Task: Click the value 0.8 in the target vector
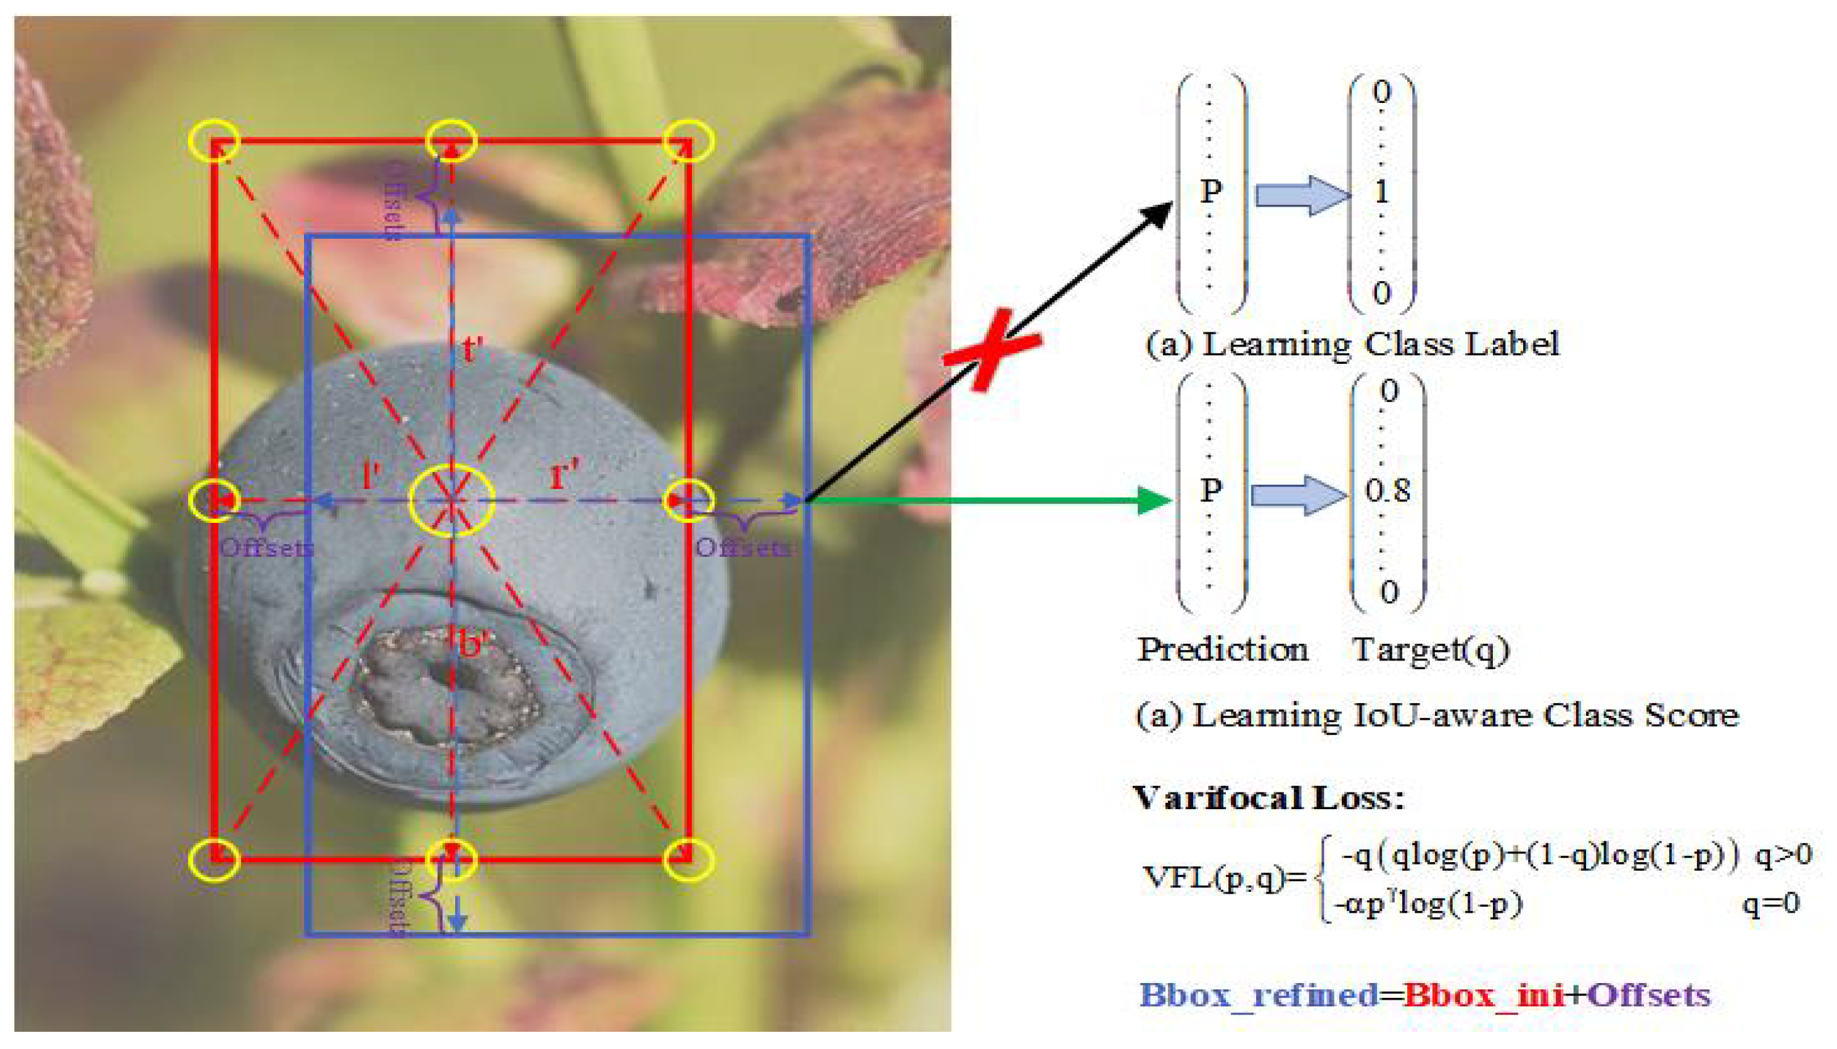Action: point(1387,491)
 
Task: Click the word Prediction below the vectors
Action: point(1222,650)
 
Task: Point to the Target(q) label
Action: point(1430,650)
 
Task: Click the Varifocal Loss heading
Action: point(1268,798)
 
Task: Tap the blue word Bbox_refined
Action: point(1258,995)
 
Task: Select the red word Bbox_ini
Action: point(1484,995)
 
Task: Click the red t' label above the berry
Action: point(472,350)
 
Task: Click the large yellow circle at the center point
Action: point(451,500)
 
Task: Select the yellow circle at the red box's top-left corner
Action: point(214,141)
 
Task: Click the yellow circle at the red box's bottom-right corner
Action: point(689,860)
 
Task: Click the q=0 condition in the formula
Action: point(1771,903)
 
